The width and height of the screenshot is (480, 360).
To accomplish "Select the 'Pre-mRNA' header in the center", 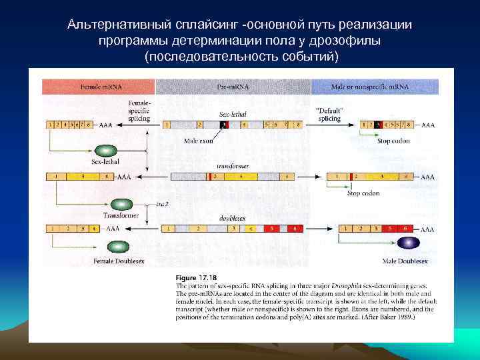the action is [233, 87].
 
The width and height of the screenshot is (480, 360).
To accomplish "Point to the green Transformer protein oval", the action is [122, 205].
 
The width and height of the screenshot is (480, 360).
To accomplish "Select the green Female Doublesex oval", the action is [118, 247].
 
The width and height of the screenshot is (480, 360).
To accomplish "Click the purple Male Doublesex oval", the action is [408, 243].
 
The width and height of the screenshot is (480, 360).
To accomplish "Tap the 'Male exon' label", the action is [199, 141].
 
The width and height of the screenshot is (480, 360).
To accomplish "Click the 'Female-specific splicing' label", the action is [139, 111].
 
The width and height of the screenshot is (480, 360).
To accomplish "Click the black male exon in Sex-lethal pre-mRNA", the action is [224, 125].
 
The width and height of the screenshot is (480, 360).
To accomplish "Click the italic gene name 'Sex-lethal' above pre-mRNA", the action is [233, 114].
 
